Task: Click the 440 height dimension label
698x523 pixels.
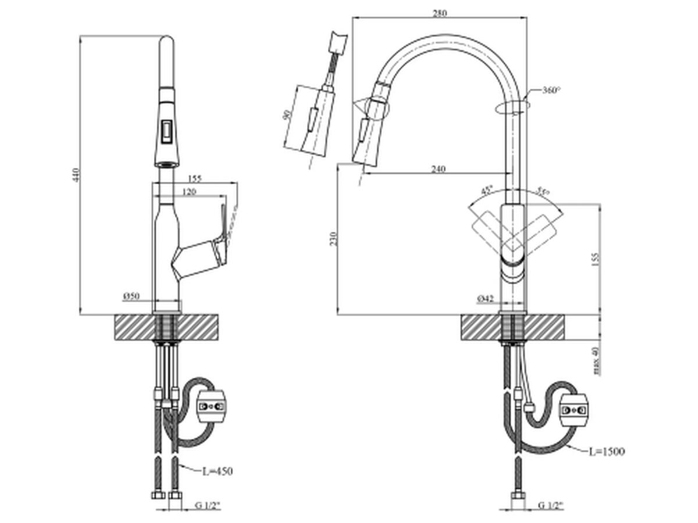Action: pos(74,174)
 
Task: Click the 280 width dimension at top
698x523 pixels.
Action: pos(440,13)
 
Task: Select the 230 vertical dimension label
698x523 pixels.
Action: pos(333,239)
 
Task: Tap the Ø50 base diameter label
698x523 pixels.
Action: pos(131,296)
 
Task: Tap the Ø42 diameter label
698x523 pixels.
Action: pos(485,299)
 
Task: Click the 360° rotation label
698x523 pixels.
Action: pos(551,90)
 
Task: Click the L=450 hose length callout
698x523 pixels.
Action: pos(217,471)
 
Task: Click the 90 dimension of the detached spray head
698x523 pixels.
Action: pos(286,114)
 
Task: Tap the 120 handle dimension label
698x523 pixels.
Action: pos(190,192)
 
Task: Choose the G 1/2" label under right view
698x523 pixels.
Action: pos(550,506)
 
